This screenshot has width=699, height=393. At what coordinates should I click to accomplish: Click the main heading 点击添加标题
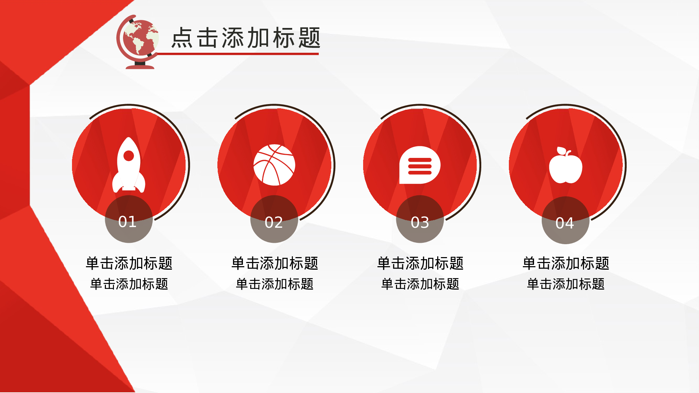(x=246, y=38)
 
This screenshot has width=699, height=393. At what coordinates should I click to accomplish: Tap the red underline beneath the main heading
(x=238, y=54)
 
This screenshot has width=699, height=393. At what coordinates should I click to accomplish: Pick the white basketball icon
(x=274, y=165)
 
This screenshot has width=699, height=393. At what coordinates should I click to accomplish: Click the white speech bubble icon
(x=420, y=165)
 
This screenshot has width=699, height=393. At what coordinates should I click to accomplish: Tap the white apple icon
(x=565, y=166)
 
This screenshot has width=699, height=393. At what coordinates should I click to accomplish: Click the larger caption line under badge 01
(x=129, y=263)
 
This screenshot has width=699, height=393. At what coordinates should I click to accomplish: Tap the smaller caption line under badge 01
(x=129, y=284)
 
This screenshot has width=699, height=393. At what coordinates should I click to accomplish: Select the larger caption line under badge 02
(x=275, y=263)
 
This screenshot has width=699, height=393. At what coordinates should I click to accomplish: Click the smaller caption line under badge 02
(x=275, y=284)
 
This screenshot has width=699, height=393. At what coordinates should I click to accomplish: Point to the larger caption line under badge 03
(x=420, y=263)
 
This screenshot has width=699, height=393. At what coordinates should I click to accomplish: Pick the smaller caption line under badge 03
(x=420, y=284)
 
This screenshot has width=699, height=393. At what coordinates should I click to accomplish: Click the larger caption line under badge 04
(x=566, y=263)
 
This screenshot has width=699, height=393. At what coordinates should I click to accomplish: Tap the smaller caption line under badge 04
(x=566, y=284)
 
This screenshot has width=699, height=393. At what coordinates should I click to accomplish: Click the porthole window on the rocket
(x=129, y=156)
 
